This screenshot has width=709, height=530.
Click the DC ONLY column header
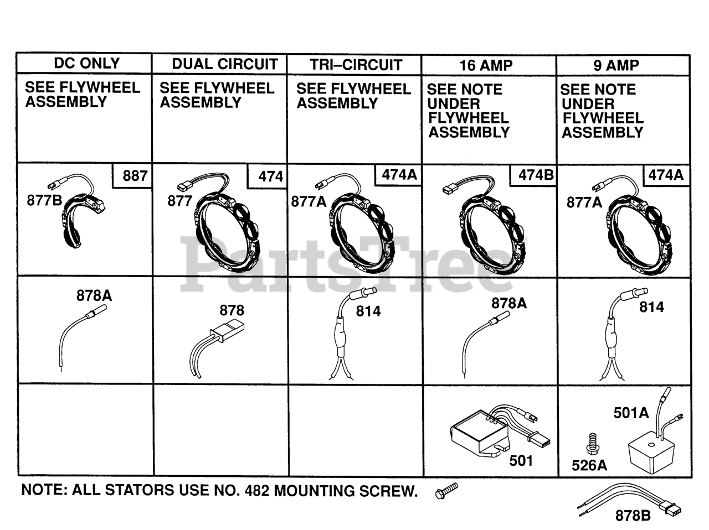tap(87, 63)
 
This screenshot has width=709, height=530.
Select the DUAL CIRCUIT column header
tap(225, 64)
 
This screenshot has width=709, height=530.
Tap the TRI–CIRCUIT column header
tap(356, 65)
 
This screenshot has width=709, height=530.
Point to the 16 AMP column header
tap(486, 65)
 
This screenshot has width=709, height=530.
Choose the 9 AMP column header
tap(616, 65)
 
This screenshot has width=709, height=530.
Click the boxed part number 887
tap(135, 176)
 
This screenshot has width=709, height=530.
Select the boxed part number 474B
tap(536, 175)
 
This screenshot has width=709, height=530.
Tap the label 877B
tap(44, 200)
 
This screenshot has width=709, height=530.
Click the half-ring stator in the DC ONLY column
tap(81, 219)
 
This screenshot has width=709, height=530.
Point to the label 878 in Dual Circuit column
tap(232, 310)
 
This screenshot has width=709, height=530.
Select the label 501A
tap(631, 413)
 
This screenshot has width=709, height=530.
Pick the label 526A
tap(589, 465)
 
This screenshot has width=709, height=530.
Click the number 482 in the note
tap(257, 491)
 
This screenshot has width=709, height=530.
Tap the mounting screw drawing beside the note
tap(446, 491)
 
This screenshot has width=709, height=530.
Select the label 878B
tap(633, 516)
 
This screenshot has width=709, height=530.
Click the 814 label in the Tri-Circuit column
tap(368, 311)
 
